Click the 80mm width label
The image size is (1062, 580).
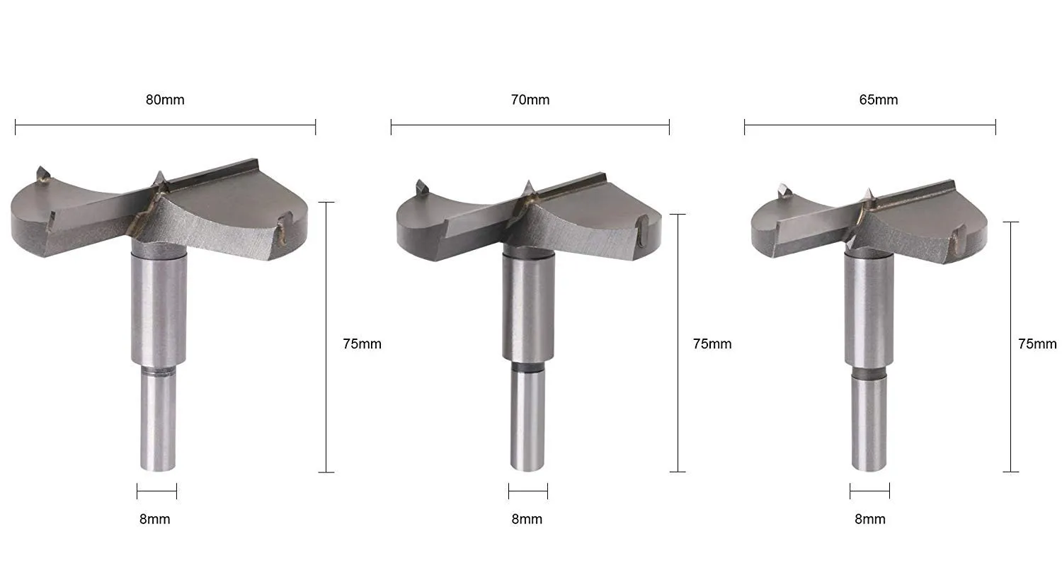(x=165, y=100)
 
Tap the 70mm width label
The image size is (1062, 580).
(x=530, y=100)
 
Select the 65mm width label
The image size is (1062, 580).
(x=879, y=100)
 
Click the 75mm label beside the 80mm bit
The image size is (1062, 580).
(x=362, y=344)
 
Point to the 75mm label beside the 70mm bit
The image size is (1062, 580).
(x=712, y=344)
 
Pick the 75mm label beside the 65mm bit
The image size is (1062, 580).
(x=1037, y=344)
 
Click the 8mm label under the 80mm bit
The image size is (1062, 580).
(x=154, y=519)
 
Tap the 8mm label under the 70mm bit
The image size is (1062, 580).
(x=527, y=519)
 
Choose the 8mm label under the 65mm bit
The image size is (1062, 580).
(x=870, y=519)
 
